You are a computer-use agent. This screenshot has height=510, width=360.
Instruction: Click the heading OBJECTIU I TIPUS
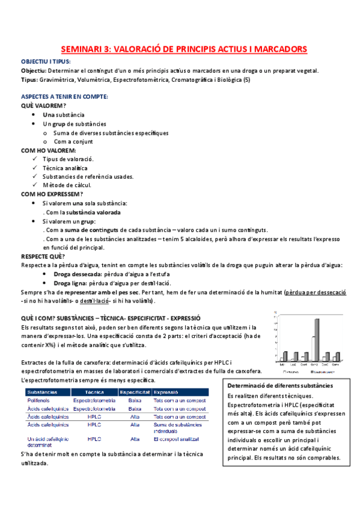click(x=46, y=62)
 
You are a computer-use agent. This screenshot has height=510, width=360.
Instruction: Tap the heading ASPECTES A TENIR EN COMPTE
click(x=64, y=96)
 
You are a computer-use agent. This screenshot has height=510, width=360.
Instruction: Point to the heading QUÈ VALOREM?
click(x=44, y=105)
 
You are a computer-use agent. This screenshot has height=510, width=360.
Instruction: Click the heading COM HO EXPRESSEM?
click(x=52, y=194)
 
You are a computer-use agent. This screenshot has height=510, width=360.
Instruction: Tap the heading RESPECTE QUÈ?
click(x=43, y=256)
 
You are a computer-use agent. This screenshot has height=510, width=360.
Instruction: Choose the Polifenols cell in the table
click(x=38, y=399)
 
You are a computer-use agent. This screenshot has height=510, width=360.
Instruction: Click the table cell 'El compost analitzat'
click(x=175, y=439)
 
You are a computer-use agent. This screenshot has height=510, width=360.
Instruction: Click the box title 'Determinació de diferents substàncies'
click(x=281, y=385)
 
